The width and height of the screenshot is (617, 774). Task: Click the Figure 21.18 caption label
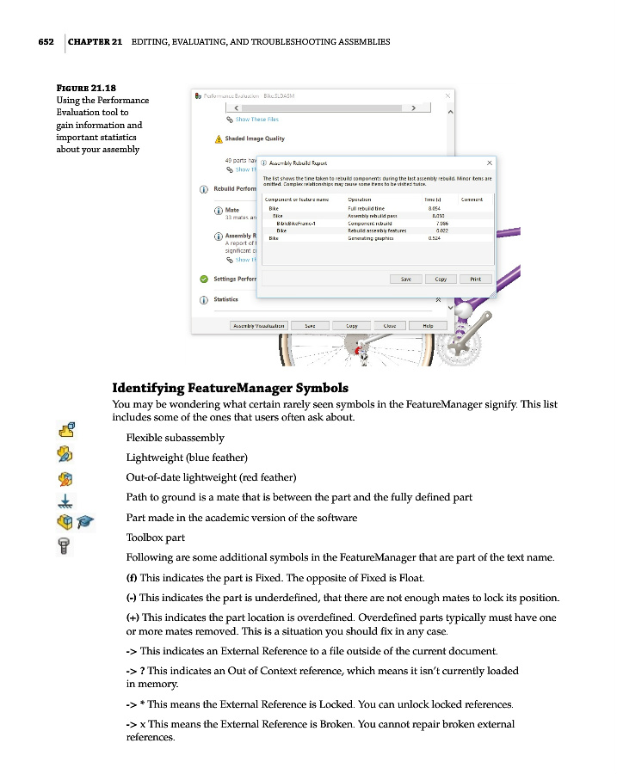tap(86, 87)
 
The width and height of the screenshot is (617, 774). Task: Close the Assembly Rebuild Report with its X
tap(490, 162)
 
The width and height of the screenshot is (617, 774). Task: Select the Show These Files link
tap(256, 120)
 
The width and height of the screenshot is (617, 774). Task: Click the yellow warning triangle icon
tap(219, 138)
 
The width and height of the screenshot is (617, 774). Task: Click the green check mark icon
tap(203, 279)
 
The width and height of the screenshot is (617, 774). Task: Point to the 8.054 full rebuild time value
tap(435, 208)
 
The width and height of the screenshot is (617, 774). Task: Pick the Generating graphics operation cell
tap(371, 238)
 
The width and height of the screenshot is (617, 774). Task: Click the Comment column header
tap(472, 200)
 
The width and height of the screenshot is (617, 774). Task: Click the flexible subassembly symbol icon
tap(66, 429)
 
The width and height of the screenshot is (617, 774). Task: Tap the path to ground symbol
tap(66, 500)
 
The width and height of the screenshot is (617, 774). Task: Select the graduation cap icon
tap(84, 520)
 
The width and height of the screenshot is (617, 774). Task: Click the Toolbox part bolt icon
tap(64, 543)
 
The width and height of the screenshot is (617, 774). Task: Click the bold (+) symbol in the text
tap(133, 617)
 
